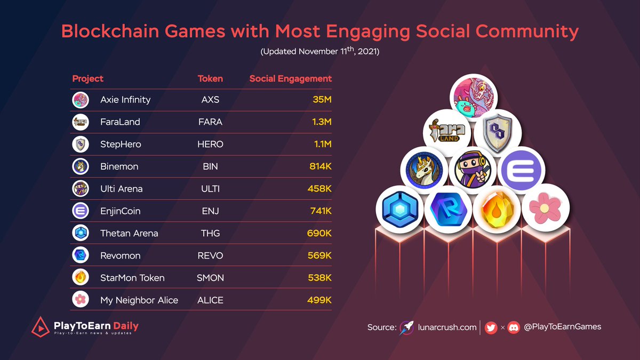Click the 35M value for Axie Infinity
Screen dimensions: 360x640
tap(322, 100)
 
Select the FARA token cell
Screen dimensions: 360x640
tap(210, 122)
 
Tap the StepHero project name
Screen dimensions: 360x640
tap(121, 145)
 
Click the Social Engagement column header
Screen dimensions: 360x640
tap(290, 78)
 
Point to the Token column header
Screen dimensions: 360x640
tap(210, 78)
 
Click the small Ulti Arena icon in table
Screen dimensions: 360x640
tap(81, 189)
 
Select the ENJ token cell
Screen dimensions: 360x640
tap(210, 211)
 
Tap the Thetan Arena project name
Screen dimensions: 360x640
tap(129, 234)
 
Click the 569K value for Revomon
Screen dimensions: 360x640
tap(319, 255)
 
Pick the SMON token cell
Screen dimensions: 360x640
tap(210, 278)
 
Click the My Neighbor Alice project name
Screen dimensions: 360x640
tap(139, 300)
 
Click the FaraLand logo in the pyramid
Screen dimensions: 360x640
tap(447, 132)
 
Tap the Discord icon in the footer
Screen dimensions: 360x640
tap(514, 327)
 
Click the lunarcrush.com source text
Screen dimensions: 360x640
tap(446, 327)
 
